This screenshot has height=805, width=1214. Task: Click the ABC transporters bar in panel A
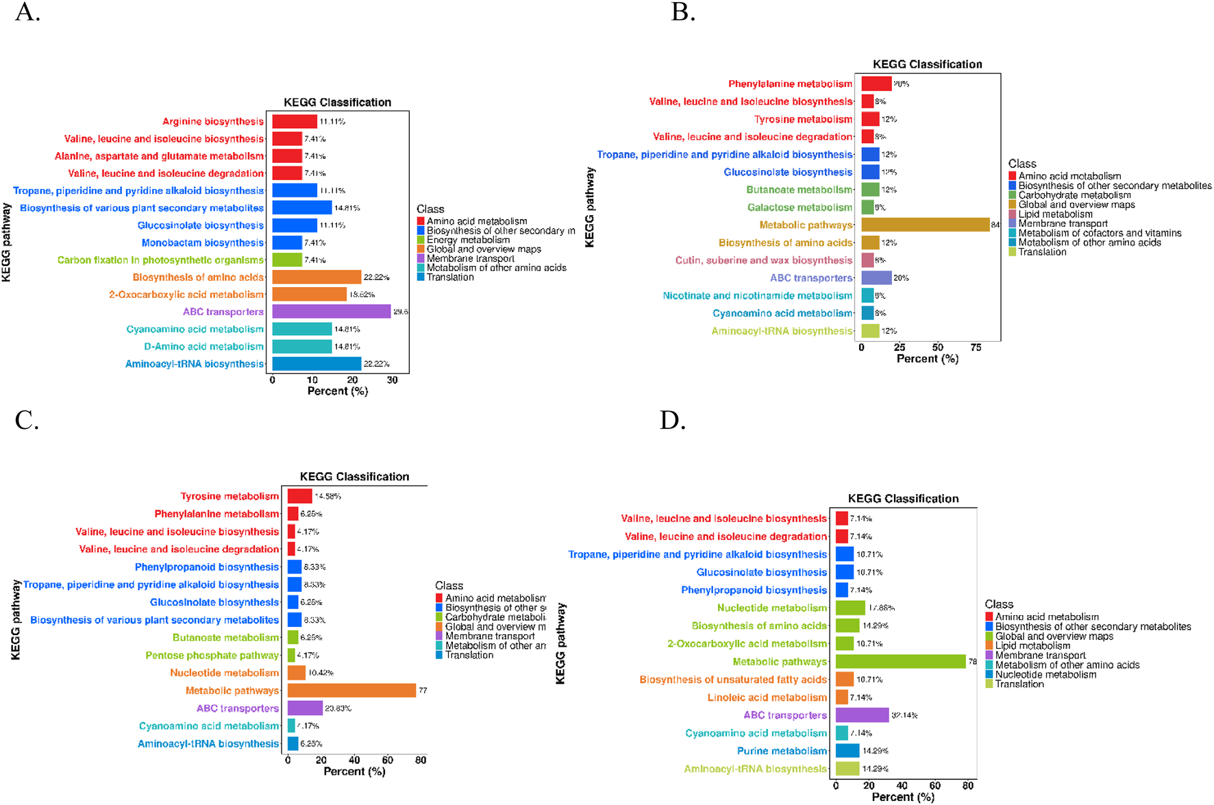click(x=332, y=312)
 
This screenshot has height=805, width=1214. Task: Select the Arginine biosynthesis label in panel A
click(x=212, y=121)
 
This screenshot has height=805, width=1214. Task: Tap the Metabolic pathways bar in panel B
click(x=925, y=225)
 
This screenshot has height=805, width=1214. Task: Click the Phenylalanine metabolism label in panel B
click(x=790, y=84)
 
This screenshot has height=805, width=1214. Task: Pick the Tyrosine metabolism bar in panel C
click(x=299, y=496)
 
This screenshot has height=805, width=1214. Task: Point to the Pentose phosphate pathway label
click(x=212, y=655)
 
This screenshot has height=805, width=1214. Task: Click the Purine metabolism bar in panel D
click(x=847, y=751)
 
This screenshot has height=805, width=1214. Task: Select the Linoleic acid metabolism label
click(x=767, y=697)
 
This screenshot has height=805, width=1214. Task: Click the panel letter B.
click(x=682, y=12)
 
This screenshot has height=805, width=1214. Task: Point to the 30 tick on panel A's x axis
click(x=392, y=380)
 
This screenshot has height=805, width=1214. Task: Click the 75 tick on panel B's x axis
click(x=976, y=347)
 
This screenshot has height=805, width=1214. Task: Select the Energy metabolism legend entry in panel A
click(x=468, y=240)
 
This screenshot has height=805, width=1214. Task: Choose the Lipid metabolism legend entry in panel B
click(x=1055, y=214)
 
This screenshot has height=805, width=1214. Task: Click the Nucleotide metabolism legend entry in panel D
click(x=1045, y=674)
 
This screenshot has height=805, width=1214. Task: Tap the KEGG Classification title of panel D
click(x=903, y=499)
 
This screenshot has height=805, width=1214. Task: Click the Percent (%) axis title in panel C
click(x=354, y=771)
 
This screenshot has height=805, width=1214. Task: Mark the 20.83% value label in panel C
click(x=338, y=708)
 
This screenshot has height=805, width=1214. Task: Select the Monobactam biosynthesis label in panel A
click(x=202, y=243)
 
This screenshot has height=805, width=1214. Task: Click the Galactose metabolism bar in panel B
click(x=867, y=207)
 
